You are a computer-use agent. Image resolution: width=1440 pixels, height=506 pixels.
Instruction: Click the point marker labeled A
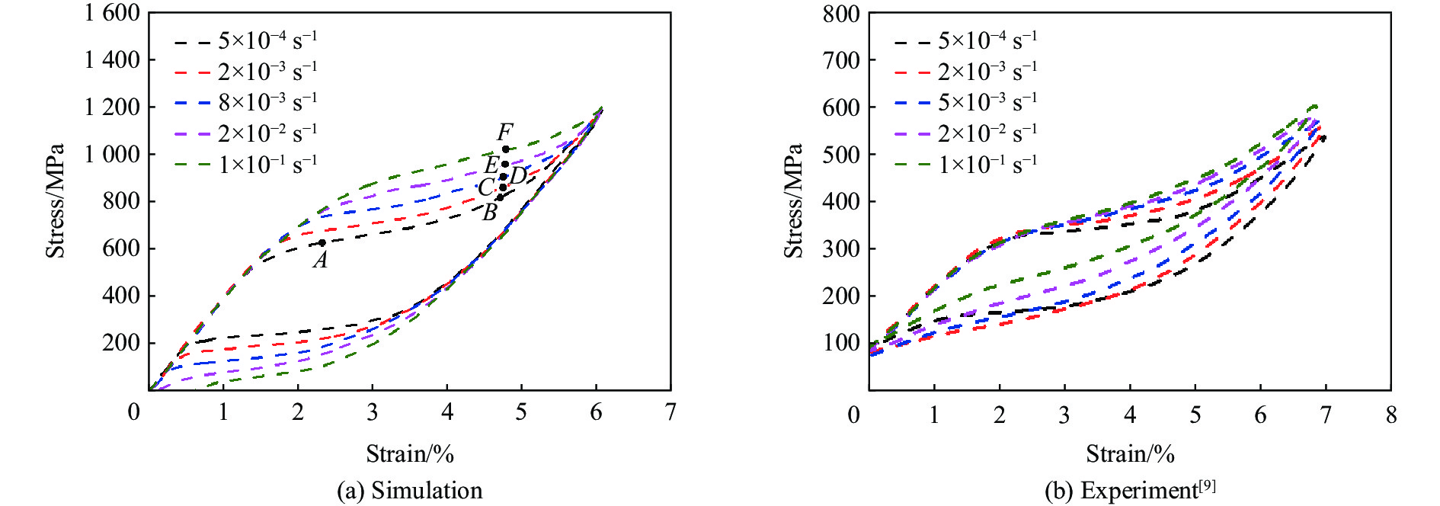point(322,243)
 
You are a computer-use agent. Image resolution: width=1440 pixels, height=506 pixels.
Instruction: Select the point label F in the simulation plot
point(504,132)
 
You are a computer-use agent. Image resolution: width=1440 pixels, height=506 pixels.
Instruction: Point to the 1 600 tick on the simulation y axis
point(112,13)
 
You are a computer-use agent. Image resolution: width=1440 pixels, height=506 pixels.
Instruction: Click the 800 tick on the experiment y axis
point(841,14)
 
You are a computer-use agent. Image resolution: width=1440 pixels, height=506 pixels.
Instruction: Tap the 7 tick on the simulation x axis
point(670,412)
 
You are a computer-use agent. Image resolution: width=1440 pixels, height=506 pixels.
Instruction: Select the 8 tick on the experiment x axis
point(1391,415)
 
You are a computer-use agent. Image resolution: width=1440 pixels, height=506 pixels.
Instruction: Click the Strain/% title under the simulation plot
point(410,454)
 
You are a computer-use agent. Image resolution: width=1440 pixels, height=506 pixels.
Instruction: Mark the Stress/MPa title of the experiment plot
point(793,200)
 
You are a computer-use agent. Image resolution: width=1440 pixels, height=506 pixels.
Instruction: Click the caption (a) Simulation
point(410,490)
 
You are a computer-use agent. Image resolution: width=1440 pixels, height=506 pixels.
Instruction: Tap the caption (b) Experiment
point(1122,491)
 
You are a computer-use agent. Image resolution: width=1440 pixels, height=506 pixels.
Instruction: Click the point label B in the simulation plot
point(490,213)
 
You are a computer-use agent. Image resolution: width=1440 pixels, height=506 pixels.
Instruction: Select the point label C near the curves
point(485,187)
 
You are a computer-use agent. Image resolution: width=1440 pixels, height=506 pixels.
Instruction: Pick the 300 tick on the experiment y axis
point(841,248)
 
